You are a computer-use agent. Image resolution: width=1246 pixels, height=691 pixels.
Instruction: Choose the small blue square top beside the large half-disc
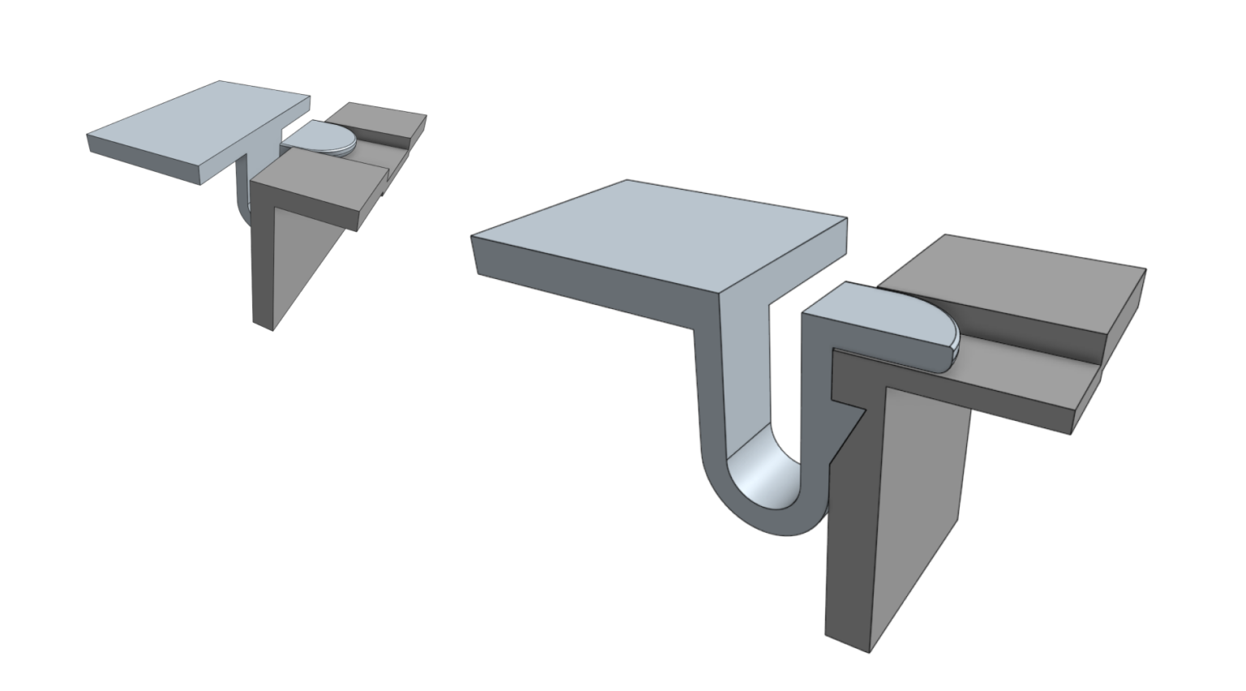tap(836, 302)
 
